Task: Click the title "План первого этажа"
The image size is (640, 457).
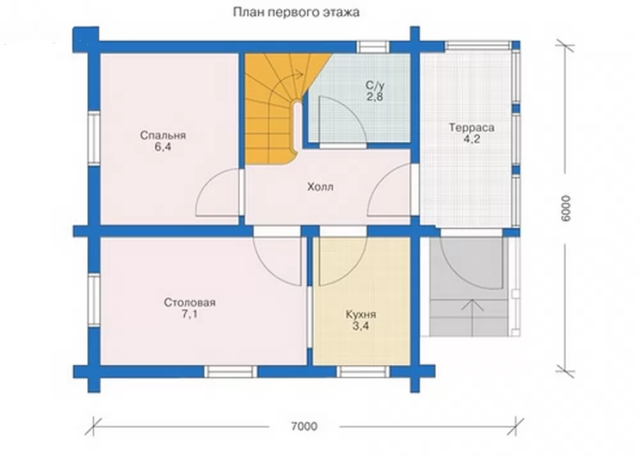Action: pyautogui.click(x=296, y=13)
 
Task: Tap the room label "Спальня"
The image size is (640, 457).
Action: pyautogui.click(x=163, y=135)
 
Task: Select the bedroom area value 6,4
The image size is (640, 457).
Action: pyautogui.click(x=163, y=147)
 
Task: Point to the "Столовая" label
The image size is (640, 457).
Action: pyautogui.click(x=190, y=303)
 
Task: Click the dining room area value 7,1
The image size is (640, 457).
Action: pyautogui.click(x=190, y=315)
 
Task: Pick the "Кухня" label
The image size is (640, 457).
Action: pyautogui.click(x=361, y=315)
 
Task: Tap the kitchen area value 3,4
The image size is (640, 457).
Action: pyautogui.click(x=361, y=326)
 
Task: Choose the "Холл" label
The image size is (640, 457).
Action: pyautogui.click(x=321, y=187)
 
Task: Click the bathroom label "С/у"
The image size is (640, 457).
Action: pyautogui.click(x=374, y=86)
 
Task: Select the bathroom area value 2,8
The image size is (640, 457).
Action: pyautogui.click(x=374, y=97)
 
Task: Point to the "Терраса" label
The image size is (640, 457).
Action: pyautogui.click(x=472, y=128)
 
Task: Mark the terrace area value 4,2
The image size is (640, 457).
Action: pyautogui.click(x=472, y=139)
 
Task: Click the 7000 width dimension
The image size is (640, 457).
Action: pyautogui.click(x=304, y=426)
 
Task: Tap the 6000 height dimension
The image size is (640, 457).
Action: pyautogui.click(x=566, y=209)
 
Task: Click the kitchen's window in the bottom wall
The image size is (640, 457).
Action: pyautogui.click(x=362, y=372)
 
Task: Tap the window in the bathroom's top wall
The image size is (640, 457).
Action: pyautogui.click(x=373, y=47)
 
